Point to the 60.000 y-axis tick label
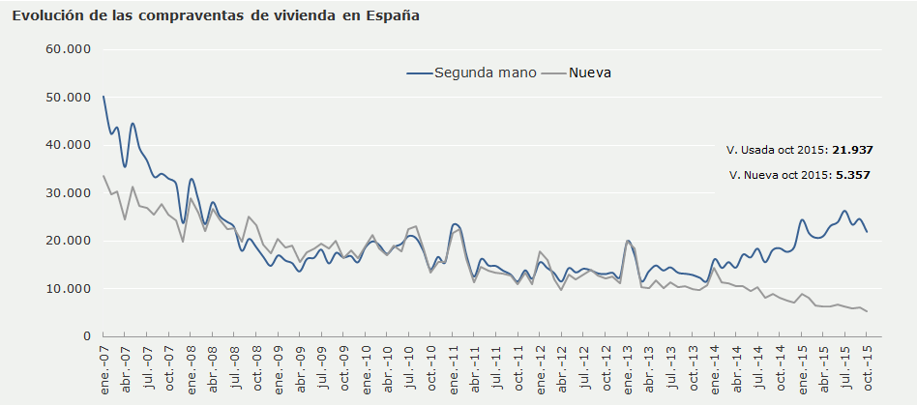[68, 49]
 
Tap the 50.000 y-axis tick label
[68, 98]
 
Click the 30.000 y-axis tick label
[68, 193]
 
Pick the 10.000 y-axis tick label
[68, 289]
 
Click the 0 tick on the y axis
[86, 336]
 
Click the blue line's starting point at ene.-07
[104, 96]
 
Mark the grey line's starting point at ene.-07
[104, 175]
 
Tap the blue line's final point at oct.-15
[867, 232]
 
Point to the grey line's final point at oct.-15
[867, 311]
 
